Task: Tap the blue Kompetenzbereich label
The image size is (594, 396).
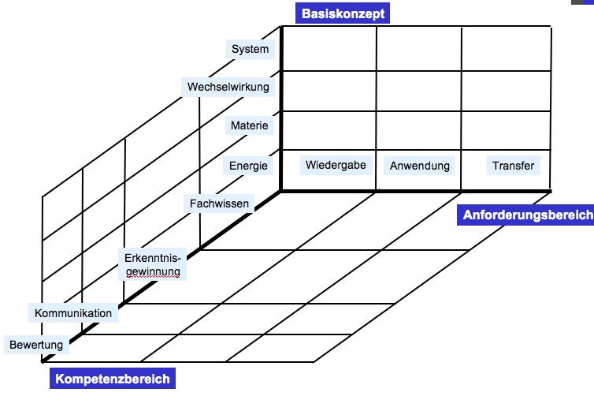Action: pyautogui.click(x=112, y=379)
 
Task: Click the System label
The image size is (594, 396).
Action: pyautogui.click(x=250, y=50)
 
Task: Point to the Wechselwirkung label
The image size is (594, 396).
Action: pyautogui.click(x=228, y=86)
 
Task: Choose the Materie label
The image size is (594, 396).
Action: pyautogui.click(x=250, y=125)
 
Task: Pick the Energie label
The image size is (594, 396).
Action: pyautogui.click(x=249, y=166)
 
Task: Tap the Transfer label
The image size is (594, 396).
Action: pyautogui.click(x=513, y=166)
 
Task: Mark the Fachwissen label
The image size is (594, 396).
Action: pyautogui.click(x=220, y=204)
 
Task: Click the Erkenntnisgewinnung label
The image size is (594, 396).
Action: pyautogui.click(x=153, y=264)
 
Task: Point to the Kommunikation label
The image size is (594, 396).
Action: pyautogui.click(x=73, y=313)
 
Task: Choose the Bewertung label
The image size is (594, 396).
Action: pyautogui.click(x=36, y=345)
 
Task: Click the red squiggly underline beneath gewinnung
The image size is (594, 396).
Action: pyautogui.click(x=153, y=278)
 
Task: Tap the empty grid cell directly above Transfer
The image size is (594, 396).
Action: pyautogui.click(x=505, y=130)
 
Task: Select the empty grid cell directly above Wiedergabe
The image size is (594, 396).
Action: pyautogui.click(x=329, y=130)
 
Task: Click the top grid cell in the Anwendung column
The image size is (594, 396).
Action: pyautogui.click(x=418, y=49)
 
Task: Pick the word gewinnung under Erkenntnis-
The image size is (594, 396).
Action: pyautogui.click(x=153, y=271)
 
